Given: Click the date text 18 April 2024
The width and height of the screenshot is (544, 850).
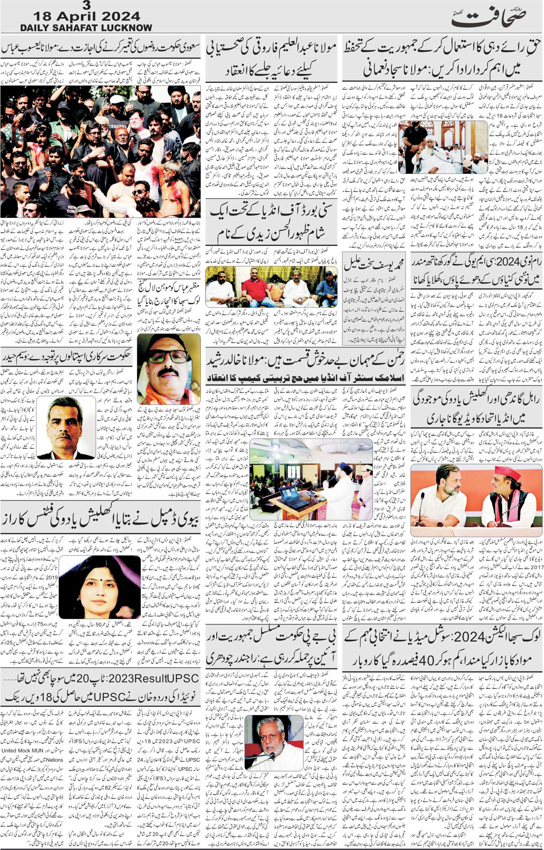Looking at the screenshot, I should pos(86,16).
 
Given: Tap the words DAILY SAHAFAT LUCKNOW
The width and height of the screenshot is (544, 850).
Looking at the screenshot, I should pos(86,28).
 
